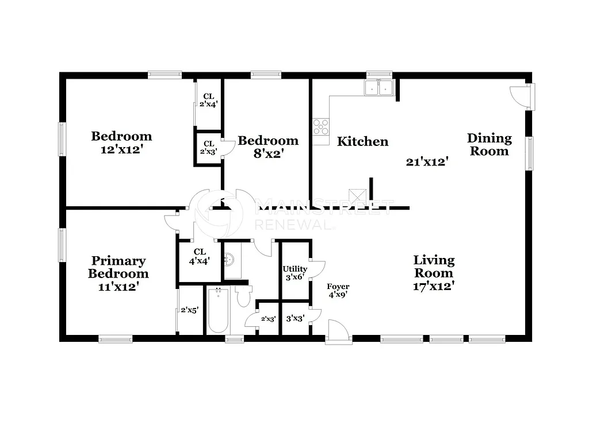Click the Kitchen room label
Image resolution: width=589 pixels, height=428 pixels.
pos(362,141)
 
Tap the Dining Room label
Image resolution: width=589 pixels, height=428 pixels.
pos(489,144)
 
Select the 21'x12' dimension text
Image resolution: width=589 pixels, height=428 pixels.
pos(427,162)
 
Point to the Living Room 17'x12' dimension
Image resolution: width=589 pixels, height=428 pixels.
pos(434,286)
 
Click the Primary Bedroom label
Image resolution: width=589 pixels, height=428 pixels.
pos(118,267)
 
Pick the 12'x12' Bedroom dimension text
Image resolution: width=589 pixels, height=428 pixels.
pos(121,149)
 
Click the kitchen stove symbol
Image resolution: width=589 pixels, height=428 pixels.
pos(321,126)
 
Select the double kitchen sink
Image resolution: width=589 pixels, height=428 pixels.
pos(378,88)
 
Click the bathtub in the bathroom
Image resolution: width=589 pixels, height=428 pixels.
pos(219,310)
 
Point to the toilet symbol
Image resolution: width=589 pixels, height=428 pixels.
pos(243,296)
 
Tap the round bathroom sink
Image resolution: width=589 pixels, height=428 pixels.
pos(230,261)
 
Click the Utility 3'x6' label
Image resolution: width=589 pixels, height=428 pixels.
pos(294,273)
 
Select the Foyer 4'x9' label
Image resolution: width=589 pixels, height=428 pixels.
pos(338,291)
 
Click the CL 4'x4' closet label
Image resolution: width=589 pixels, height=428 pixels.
pos(200,256)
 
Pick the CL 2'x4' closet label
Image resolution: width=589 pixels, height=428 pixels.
pos(208,100)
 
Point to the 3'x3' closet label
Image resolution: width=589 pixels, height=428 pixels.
pos(294,318)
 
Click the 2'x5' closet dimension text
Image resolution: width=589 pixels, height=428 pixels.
pos(189,310)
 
